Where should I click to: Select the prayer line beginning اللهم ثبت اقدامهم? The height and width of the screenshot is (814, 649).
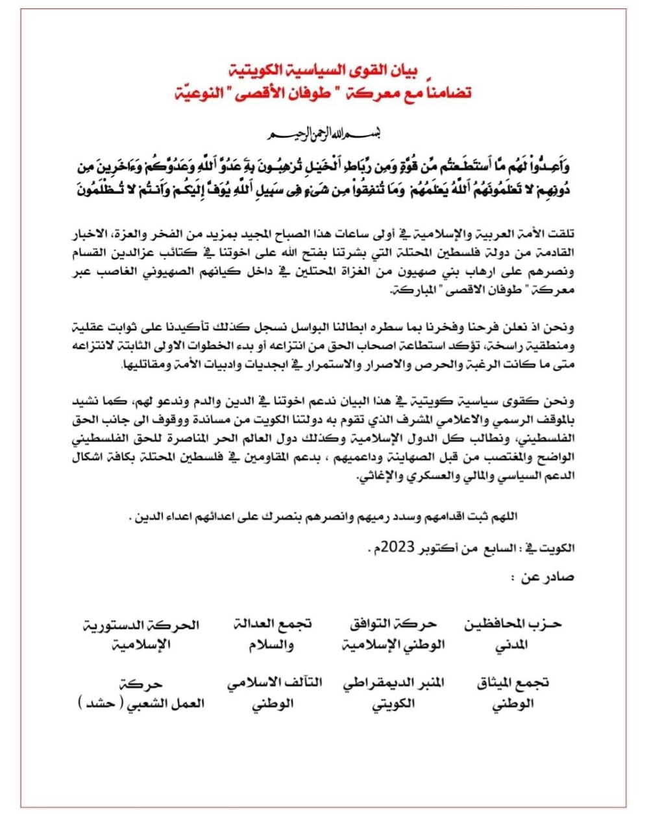coord(322,517)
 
